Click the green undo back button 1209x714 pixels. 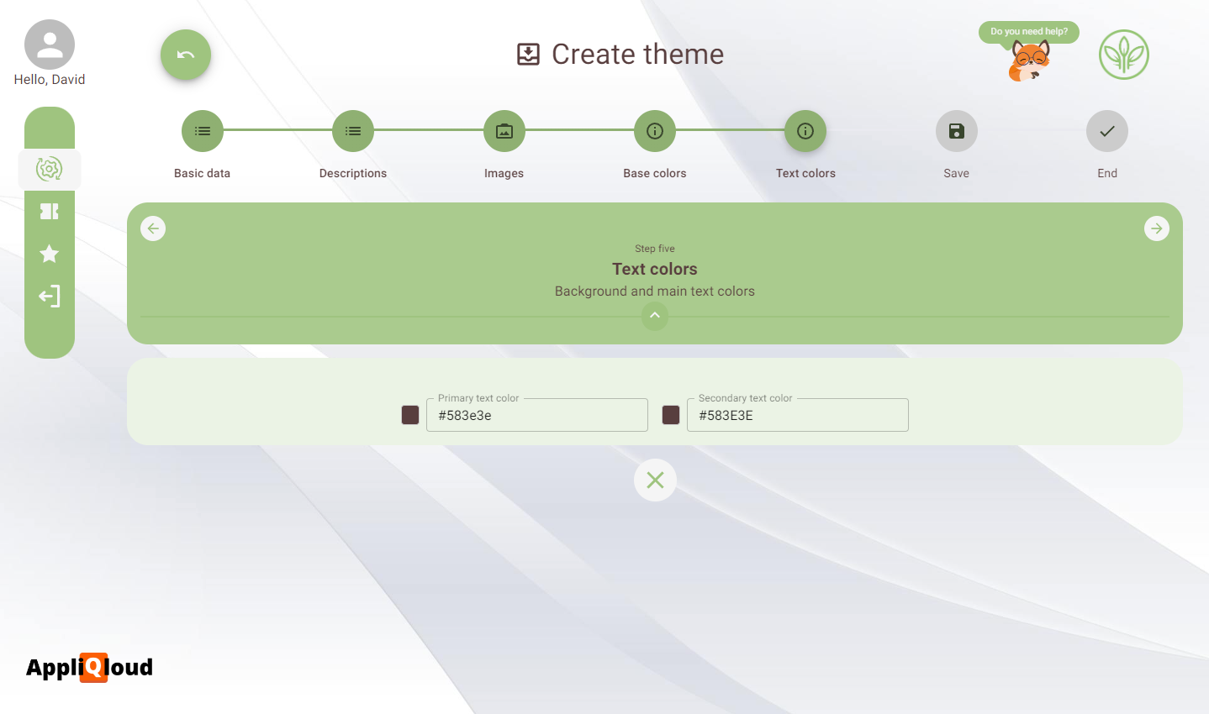[x=186, y=55]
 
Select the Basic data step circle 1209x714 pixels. [x=203, y=131]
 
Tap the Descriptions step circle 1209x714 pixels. [x=353, y=131]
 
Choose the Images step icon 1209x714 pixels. [x=504, y=131]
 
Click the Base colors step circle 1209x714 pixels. [x=655, y=131]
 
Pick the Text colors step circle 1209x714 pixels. [x=805, y=131]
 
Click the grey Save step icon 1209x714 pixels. [x=957, y=131]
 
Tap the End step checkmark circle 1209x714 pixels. [x=1107, y=131]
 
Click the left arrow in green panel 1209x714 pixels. [x=153, y=228]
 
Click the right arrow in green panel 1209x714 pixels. [x=1157, y=228]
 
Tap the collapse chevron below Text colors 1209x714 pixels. [x=655, y=316]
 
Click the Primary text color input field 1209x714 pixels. [x=537, y=415]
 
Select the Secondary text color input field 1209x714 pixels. [x=798, y=415]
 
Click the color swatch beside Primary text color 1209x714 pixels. [x=410, y=415]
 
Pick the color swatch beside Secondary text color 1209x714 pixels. [x=671, y=415]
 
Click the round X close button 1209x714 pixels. [x=655, y=480]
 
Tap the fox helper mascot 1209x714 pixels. [x=1029, y=61]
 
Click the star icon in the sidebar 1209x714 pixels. [x=50, y=254]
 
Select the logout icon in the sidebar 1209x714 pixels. [x=50, y=296]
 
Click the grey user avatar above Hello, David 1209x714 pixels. [x=50, y=45]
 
